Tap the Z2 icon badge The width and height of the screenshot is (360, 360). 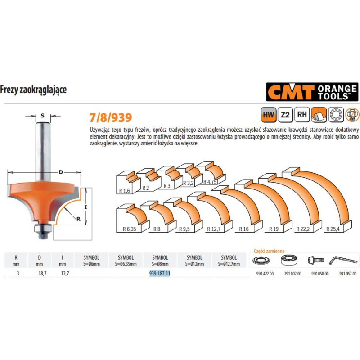click(x=285, y=115)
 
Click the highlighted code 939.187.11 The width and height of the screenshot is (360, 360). click(x=159, y=273)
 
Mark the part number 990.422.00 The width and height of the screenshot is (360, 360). click(x=263, y=273)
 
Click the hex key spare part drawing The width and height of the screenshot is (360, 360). click(x=342, y=260)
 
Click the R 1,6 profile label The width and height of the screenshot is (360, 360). click(x=125, y=190)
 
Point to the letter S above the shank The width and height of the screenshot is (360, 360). click(x=43, y=116)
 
